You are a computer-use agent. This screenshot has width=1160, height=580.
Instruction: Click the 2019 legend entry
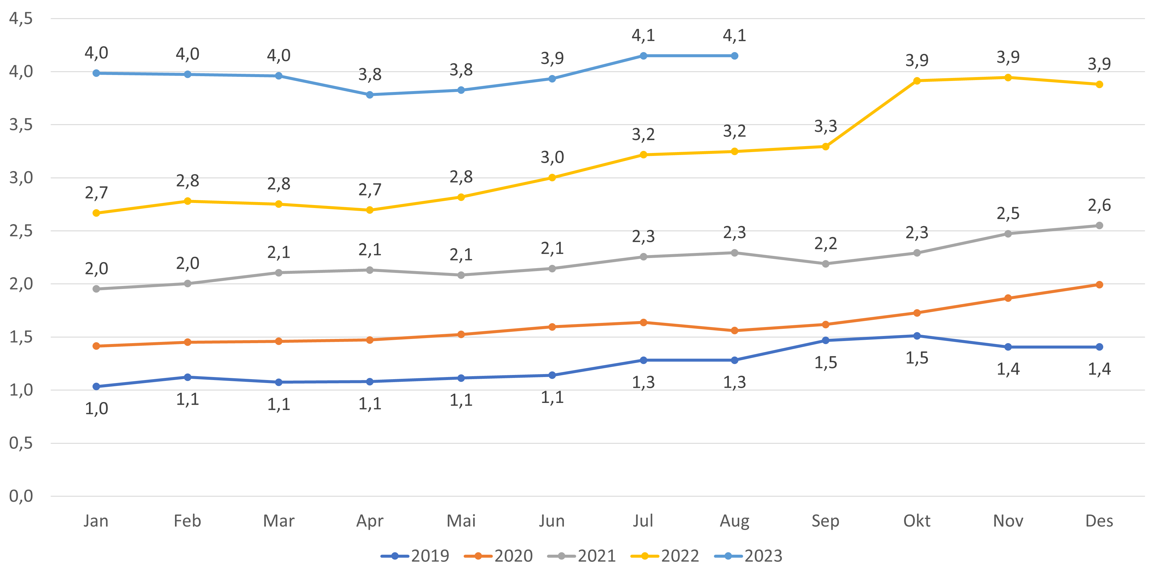(415, 556)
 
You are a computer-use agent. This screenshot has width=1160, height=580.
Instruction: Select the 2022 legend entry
(665, 556)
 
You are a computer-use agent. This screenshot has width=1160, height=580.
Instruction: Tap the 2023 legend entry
(749, 556)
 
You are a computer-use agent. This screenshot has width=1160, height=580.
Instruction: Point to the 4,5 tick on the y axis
(21, 19)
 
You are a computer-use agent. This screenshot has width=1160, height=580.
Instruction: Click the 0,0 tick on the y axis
(21, 496)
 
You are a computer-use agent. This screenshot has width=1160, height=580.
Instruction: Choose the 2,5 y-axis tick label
(21, 231)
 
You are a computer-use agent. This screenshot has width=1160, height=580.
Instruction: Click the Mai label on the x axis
(461, 521)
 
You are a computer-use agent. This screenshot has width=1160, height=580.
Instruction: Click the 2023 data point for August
(734, 56)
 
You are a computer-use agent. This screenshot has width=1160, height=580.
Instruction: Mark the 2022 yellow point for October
(917, 81)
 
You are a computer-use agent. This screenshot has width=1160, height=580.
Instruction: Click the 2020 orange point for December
(1099, 284)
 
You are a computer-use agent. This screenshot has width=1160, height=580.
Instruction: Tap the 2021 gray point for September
(826, 264)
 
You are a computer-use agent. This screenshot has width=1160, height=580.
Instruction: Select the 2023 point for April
(370, 95)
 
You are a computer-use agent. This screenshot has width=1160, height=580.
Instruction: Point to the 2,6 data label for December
(1099, 205)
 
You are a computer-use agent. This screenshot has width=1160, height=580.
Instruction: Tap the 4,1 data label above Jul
(643, 36)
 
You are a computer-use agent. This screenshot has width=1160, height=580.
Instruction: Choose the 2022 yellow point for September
(826, 147)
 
